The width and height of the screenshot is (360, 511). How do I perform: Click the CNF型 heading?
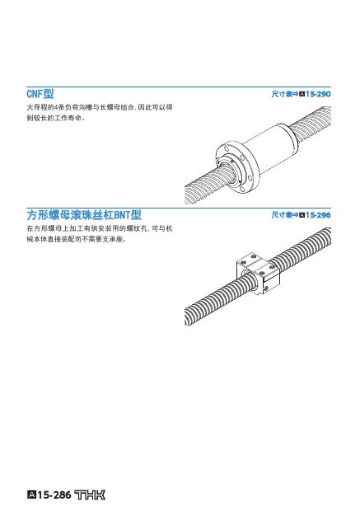[x=40, y=94]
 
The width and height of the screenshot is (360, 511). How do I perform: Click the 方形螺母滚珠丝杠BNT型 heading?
[x=84, y=215]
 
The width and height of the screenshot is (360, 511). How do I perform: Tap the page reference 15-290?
[x=318, y=94]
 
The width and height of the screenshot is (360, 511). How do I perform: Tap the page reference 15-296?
[x=318, y=215]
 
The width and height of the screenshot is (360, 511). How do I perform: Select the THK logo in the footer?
[x=90, y=495]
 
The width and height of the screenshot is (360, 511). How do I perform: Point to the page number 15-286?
[x=54, y=495]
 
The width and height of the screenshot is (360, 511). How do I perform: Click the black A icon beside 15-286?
[x=31, y=495]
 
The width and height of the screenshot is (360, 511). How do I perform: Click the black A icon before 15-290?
[x=302, y=94]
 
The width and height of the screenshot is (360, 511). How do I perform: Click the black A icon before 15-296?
[x=302, y=215]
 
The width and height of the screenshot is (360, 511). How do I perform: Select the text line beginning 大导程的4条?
[x=100, y=107]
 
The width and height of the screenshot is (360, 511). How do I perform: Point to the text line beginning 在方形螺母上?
[x=100, y=228]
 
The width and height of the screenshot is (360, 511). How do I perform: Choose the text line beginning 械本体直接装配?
[x=77, y=239]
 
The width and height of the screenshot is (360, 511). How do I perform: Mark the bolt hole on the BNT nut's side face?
[x=266, y=288]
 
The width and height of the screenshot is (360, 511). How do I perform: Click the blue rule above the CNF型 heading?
[x=179, y=87]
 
